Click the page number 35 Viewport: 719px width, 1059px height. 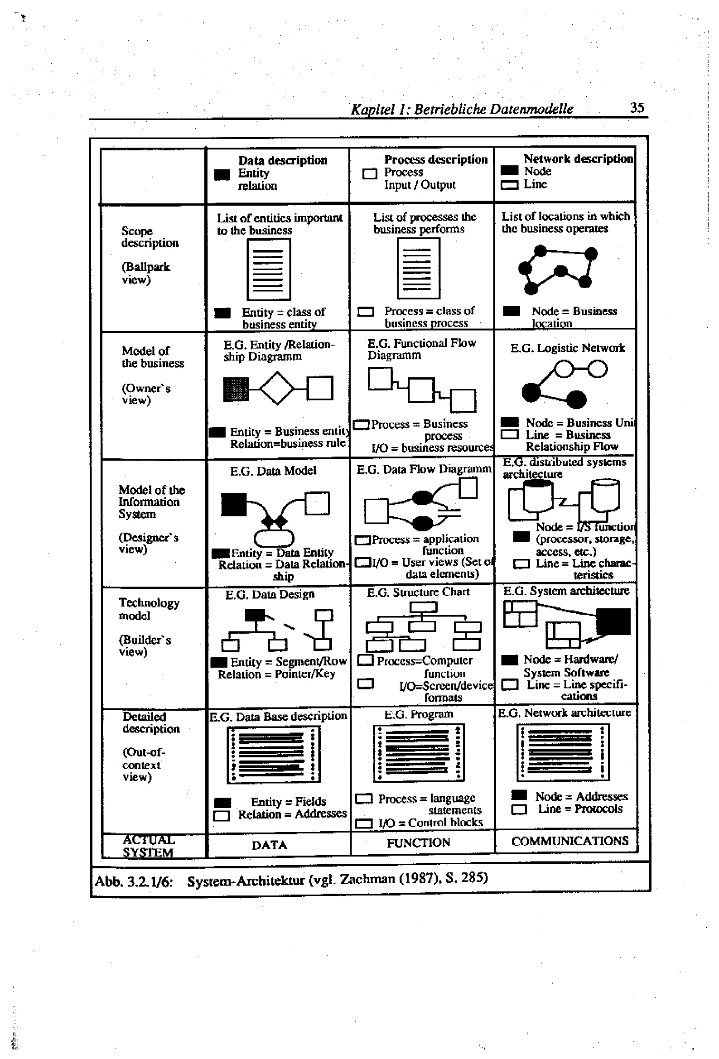coord(637,107)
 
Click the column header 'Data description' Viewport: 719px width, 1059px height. coord(282,160)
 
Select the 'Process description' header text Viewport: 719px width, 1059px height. coord(435,159)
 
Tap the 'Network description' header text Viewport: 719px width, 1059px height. coord(578,159)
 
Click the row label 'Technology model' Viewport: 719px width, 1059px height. coord(149,609)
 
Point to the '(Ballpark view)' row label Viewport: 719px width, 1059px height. coord(145,273)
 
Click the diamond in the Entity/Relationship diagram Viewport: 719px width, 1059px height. coord(277,388)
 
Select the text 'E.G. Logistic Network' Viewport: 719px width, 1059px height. coord(567,348)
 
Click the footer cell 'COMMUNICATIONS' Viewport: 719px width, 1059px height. coord(569,841)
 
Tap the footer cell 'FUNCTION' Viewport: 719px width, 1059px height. coord(418,843)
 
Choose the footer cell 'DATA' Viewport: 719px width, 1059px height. coord(270,845)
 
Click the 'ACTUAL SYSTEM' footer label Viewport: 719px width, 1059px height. coord(148,846)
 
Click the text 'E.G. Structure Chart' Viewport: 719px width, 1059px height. coord(418,592)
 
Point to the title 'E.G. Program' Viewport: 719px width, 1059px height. coord(419,714)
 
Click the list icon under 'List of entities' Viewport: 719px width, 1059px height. coord(269,270)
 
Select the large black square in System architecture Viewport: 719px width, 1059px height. coord(613,621)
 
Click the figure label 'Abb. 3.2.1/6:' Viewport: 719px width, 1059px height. coord(134,882)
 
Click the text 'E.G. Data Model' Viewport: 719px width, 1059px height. coord(273,471)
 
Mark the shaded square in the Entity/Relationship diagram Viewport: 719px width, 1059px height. coord(236,389)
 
